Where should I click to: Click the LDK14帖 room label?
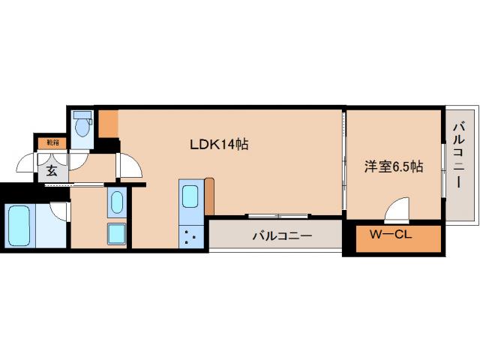218,145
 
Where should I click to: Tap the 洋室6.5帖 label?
394,166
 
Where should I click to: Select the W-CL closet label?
389,235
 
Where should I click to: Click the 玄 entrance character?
51,170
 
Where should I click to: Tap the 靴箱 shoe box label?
51,140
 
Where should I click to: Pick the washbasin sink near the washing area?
116,202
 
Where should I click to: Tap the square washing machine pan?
116,234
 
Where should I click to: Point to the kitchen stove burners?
190,238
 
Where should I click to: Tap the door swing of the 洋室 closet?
398,211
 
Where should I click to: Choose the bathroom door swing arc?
61,209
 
